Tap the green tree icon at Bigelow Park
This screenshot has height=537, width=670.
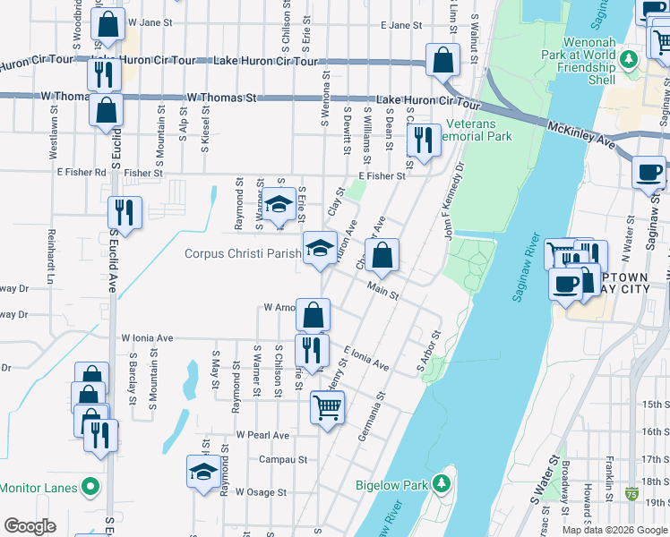pos(441,483)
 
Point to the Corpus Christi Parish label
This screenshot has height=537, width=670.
pos(243,253)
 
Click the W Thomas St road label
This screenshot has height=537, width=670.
pos(221,97)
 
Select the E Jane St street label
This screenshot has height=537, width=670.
pos(400,26)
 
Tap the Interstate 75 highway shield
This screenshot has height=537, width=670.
pos(633,492)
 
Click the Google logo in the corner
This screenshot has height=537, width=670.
pos(30,526)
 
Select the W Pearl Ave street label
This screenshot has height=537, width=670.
pos(262,435)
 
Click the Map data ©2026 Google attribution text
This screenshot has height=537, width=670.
pos(614,530)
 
